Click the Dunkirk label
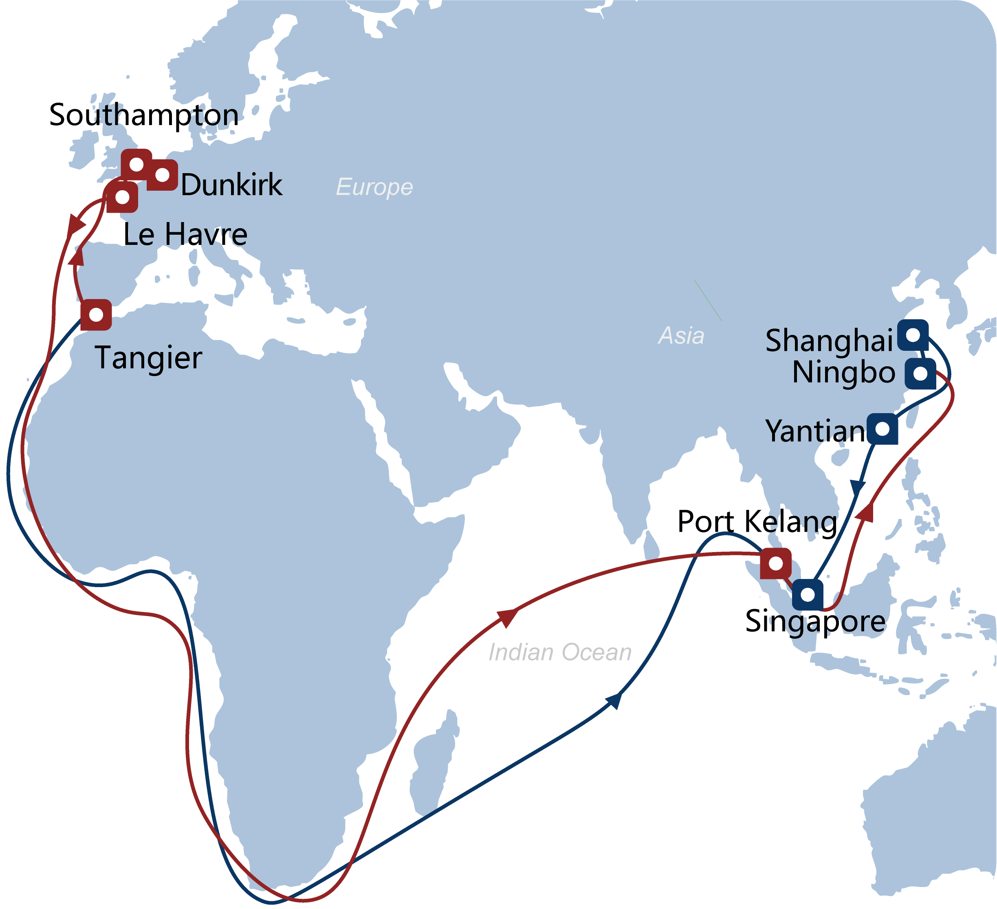pyautogui.click(x=231, y=185)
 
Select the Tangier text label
pyautogui.click(x=148, y=358)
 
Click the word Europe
pyautogui.click(x=374, y=187)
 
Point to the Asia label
pyautogui.click(x=681, y=336)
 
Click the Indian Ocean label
pyautogui.click(x=560, y=652)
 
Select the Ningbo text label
pyautogui.click(x=844, y=372)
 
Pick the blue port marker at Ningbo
pyautogui.click(x=920, y=373)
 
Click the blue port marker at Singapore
pyautogui.click(x=808, y=594)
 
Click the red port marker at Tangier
pyautogui.click(x=96, y=315)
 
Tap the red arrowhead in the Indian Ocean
pyautogui.click(x=508, y=617)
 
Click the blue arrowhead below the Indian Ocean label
pyautogui.click(x=614, y=700)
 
